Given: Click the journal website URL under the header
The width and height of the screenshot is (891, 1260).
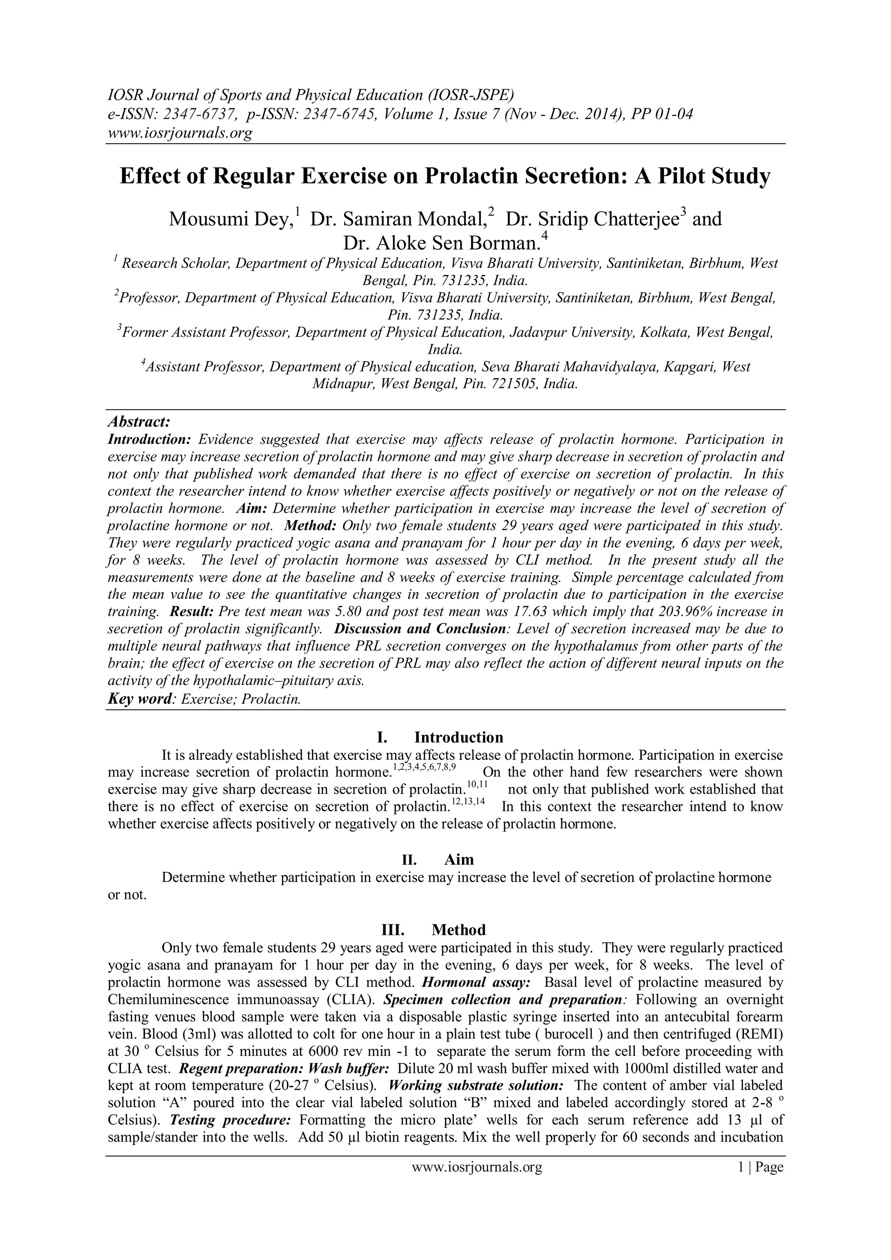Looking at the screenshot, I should point(179,133).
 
